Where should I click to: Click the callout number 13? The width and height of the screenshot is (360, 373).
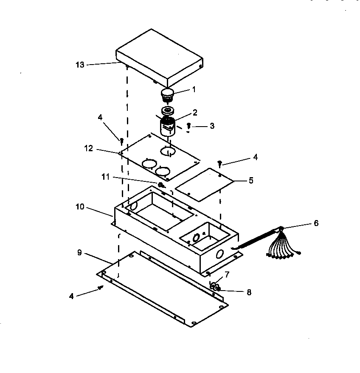tap(80, 65)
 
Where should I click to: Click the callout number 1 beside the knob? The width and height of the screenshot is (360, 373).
tap(194, 90)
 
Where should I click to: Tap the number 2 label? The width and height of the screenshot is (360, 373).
tap(195, 112)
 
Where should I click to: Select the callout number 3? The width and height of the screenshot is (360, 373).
tap(212, 126)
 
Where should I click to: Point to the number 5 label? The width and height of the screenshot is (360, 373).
tap(251, 180)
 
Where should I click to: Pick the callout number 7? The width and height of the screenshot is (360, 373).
tap(227, 274)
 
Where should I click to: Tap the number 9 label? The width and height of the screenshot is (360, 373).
tap(80, 252)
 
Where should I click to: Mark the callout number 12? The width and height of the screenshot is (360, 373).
tap(88, 149)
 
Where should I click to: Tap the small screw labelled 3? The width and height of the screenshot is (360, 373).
tap(189, 126)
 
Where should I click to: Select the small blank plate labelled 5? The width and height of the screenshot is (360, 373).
tap(204, 184)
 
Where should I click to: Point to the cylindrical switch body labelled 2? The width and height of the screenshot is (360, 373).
tap(167, 126)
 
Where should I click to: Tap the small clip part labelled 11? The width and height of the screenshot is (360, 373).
tap(161, 184)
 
